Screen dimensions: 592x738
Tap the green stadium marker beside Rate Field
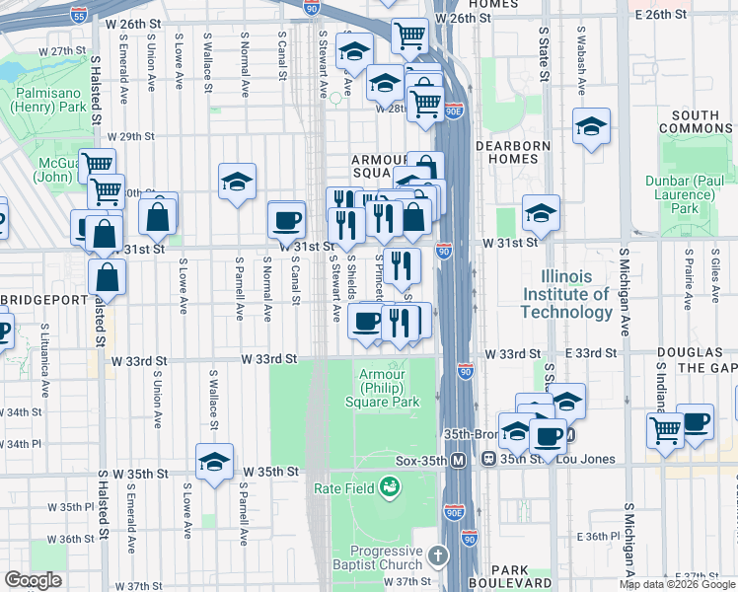(391, 486)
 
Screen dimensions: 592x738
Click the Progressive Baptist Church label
(388, 557)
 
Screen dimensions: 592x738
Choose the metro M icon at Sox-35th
(459, 461)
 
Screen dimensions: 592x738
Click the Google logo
(34, 579)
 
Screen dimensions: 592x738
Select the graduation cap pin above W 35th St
(214, 461)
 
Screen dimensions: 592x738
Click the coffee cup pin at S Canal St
(287, 220)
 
